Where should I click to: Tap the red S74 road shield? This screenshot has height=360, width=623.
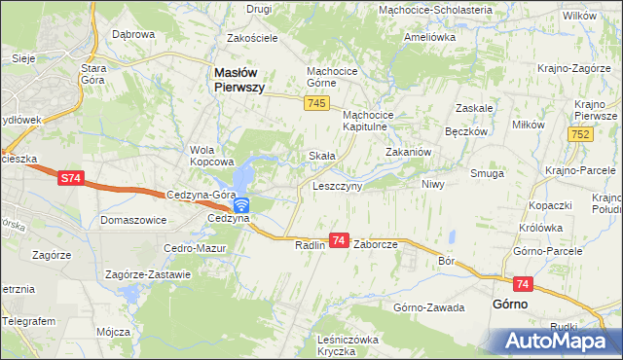click(x=70, y=178)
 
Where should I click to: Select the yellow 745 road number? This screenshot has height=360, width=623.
click(x=314, y=103)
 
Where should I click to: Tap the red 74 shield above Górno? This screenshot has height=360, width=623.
click(x=524, y=283)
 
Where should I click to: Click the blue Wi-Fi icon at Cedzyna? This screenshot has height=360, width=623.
click(x=241, y=205)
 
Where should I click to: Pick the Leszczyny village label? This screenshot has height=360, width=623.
click(x=337, y=186)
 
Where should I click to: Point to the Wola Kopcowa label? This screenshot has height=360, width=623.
click(x=213, y=156)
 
